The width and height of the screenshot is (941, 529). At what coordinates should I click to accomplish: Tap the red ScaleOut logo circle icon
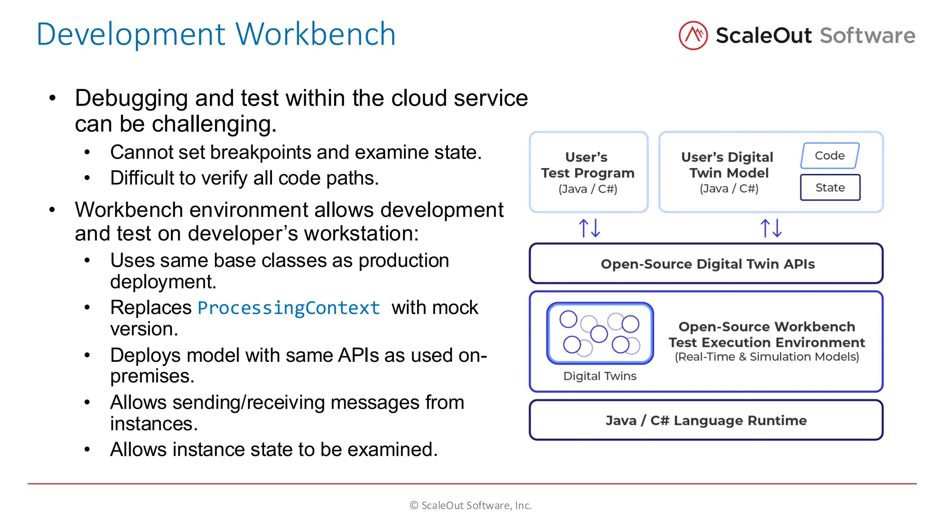click(693, 35)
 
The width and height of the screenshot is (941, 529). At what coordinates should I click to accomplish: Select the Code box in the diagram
click(829, 156)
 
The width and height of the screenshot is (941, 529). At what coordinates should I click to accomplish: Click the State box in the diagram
click(830, 187)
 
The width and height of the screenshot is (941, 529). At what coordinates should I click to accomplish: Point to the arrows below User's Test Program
click(589, 228)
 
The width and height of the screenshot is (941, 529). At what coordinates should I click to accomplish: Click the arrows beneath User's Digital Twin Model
click(771, 228)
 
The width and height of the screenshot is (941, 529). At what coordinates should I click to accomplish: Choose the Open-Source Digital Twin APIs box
click(706, 264)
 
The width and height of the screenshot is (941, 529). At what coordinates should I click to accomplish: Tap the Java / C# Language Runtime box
click(706, 420)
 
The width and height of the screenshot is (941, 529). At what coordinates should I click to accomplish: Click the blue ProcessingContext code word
click(289, 308)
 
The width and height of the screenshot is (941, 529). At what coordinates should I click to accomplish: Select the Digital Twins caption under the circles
click(600, 376)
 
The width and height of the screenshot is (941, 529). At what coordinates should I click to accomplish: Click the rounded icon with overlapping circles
click(600, 333)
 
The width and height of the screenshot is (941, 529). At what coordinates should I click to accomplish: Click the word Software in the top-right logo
click(867, 36)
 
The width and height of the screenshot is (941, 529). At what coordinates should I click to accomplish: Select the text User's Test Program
click(588, 165)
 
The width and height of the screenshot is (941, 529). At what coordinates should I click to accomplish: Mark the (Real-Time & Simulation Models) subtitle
click(766, 357)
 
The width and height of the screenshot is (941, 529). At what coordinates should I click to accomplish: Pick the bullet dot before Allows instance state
click(87, 450)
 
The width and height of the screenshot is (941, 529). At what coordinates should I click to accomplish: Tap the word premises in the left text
click(152, 377)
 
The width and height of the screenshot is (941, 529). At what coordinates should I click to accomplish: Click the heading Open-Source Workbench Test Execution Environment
click(766, 334)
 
